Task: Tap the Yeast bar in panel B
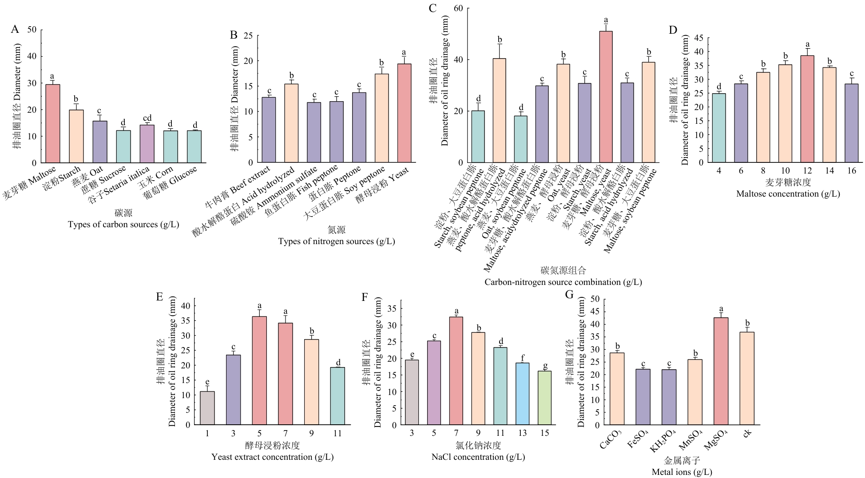coord(404,113)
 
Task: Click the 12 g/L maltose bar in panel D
coord(807,109)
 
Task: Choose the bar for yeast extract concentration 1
coord(207,408)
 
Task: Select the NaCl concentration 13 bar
coord(523,394)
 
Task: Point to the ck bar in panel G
coord(747,378)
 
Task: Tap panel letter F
coord(365,297)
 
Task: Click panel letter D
coord(673,30)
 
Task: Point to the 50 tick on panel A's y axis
coord(32,30)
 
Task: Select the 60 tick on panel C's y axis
coord(458,8)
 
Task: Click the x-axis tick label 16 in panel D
coord(851,171)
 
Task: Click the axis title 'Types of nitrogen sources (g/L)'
coord(336,241)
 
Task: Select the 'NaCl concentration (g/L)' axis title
coord(478,457)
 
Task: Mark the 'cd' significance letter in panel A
coord(147,118)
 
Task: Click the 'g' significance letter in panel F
coord(545,366)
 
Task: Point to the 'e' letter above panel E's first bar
coord(207,382)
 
